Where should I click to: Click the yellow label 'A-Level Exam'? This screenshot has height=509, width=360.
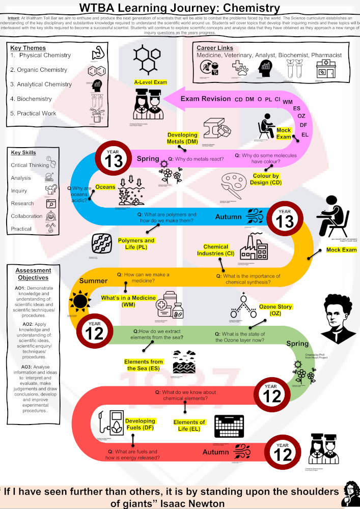(151, 82)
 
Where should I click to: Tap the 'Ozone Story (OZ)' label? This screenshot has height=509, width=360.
(275, 310)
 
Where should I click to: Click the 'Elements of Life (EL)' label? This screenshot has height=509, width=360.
(189, 426)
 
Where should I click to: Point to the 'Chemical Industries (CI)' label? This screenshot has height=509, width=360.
(216, 250)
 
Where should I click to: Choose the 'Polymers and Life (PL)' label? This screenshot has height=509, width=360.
(136, 243)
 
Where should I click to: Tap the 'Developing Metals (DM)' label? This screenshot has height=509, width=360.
(183, 138)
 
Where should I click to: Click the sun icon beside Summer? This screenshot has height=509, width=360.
(80, 301)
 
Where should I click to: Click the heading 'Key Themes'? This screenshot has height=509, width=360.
(27, 48)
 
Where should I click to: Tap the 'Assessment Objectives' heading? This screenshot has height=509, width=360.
(33, 274)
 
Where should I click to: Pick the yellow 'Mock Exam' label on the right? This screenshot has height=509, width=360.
(341, 250)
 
